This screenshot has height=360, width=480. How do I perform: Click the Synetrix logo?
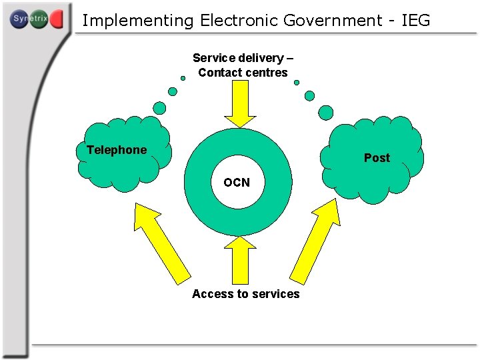pyautogui.click(x=37, y=19)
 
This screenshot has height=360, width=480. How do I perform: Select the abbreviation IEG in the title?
pyautogui.click(x=416, y=21)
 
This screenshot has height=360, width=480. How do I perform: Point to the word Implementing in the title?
pyautogui.click(x=137, y=21)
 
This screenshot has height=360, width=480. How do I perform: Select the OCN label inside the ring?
pyautogui.click(x=237, y=182)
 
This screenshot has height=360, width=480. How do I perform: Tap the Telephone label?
pyautogui.click(x=117, y=150)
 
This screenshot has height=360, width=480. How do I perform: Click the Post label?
pyautogui.click(x=377, y=158)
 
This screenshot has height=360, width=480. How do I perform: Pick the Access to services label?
pyautogui.click(x=246, y=294)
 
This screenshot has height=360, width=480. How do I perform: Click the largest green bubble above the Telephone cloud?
pyautogui.click(x=160, y=107)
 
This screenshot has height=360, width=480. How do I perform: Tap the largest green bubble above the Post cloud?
pyautogui.click(x=325, y=112)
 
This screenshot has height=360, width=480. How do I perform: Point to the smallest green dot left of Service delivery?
pyautogui.click(x=183, y=78)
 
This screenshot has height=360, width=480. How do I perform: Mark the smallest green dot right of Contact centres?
pyautogui.click(x=297, y=83)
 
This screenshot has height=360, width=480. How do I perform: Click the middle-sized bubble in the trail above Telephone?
pyautogui.click(x=173, y=91)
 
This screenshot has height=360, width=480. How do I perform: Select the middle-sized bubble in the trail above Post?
pyautogui.click(x=309, y=95)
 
